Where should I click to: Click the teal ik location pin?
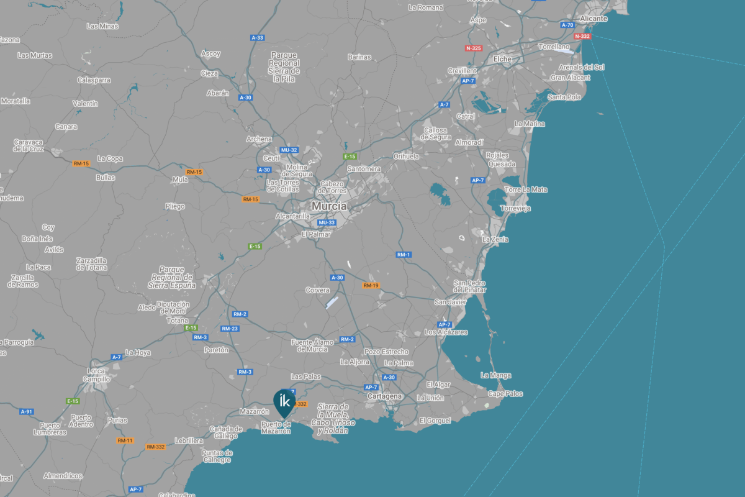(x=285, y=402)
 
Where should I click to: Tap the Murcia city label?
(x=329, y=206)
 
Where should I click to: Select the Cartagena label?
(x=385, y=396)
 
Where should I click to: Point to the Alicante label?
(x=594, y=19)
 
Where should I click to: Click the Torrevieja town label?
(x=515, y=208)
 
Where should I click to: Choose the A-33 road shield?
(x=258, y=38)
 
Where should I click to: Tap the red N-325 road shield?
(x=473, y=48)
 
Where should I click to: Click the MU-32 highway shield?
(x=289, y=150)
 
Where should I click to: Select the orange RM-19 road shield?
(x=371, y=286)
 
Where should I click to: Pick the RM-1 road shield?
(x=404, y=255)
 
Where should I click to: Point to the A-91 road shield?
(x=26, y=411)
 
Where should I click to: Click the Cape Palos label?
(x=505, y=394)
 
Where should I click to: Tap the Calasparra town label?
(x=94, y=80)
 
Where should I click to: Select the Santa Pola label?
(x=564, y=97)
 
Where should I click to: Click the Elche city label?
(x=502, y=59)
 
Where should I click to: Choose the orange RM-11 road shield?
(x=125, y=440)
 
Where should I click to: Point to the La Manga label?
(x=496, y=375)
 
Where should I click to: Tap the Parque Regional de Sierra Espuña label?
(x=171, y=277)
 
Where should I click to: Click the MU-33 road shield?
(x=327, y=222)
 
